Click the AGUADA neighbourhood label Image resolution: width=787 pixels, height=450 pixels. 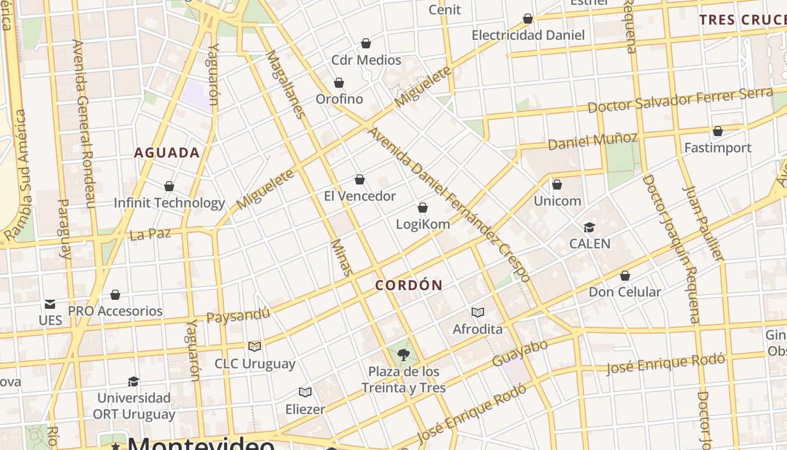166,152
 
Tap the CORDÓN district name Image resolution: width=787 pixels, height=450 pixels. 409,285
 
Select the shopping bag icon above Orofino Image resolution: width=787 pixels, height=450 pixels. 339,83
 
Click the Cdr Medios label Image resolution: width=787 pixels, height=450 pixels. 366,60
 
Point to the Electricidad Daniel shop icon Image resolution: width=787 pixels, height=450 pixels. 528,19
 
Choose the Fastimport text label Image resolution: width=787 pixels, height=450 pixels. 717,148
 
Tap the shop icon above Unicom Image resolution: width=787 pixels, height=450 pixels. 557,184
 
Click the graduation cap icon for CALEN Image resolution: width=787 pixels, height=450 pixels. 589,227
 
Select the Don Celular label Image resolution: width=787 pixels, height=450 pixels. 625,292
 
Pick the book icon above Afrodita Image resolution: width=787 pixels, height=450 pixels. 478,312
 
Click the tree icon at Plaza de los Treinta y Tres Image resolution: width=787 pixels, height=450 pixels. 403,355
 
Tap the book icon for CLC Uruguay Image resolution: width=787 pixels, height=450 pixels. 255,346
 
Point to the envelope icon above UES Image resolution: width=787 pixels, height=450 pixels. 50,304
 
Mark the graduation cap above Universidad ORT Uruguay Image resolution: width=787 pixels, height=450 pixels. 133,381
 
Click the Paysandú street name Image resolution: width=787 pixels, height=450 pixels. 238,315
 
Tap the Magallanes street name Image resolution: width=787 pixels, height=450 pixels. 285,84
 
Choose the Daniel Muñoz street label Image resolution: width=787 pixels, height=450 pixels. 592,141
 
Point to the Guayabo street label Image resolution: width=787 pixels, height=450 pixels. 519,353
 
